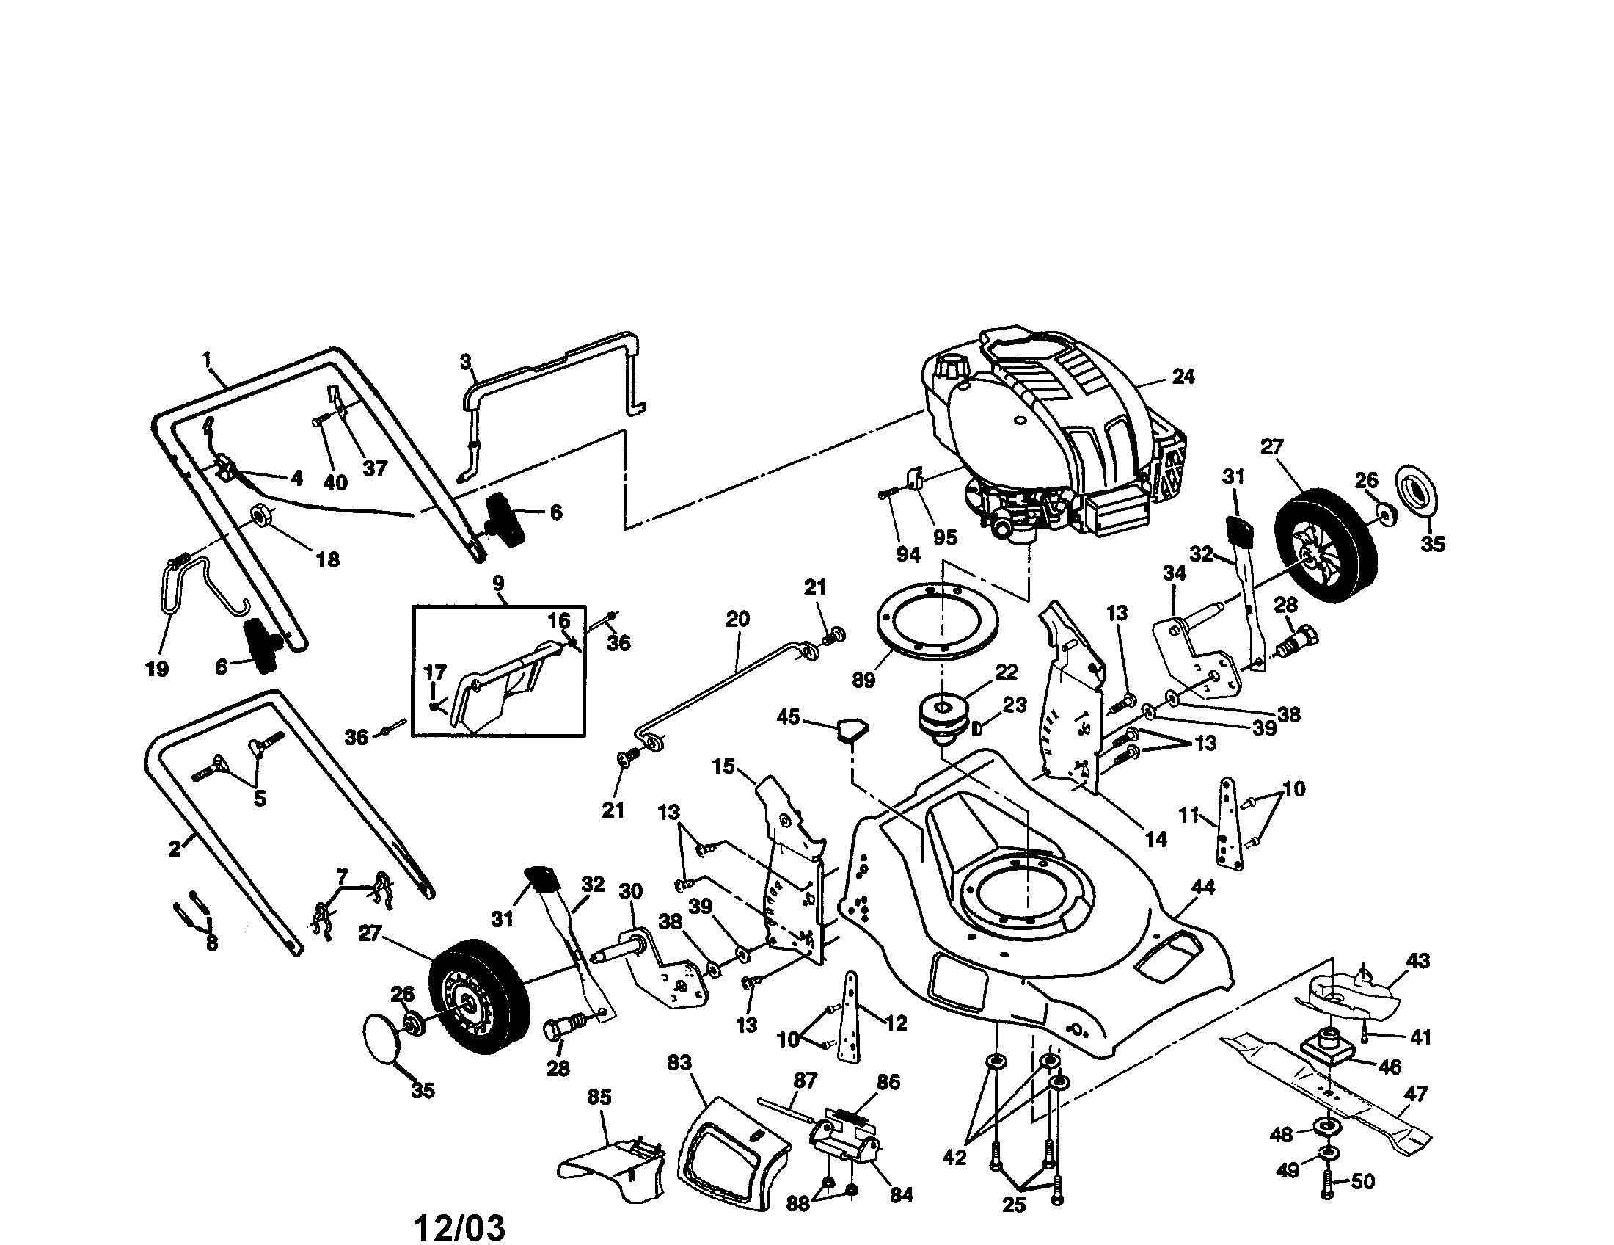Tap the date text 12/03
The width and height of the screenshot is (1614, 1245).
[459, 1208]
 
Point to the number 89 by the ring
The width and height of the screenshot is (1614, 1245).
[863, 680]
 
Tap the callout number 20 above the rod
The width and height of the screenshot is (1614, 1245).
[737, 619]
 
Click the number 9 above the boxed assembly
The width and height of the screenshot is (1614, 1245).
[498, 584]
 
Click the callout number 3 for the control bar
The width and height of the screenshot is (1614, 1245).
[465, 361]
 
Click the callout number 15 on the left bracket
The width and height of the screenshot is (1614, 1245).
[723, 766]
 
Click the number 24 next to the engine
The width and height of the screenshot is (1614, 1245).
[1183, 377]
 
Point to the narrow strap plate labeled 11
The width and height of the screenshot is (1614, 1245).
[1229, 822]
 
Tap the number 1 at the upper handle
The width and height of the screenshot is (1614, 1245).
[207, 359]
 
